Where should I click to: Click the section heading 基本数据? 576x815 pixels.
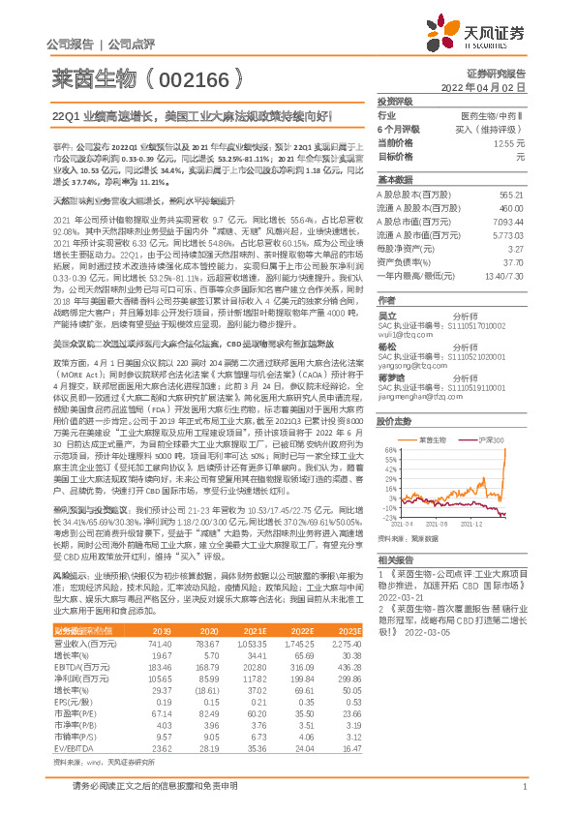[395, 180]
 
